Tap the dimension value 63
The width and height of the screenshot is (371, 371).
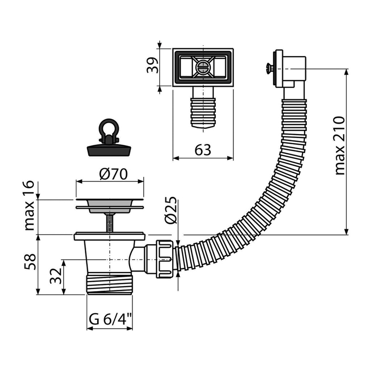click(x=203, y=150)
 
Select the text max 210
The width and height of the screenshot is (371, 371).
click(x=339, y=146)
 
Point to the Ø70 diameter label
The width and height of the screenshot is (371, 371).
click(x=113, y=174)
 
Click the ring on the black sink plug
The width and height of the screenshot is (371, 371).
click(x=108, y=128)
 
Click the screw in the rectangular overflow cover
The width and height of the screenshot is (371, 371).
click(x=202, y=67)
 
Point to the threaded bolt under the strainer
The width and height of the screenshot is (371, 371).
click(x=109, y=223)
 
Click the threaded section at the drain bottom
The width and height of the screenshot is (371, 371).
click(x=110, y=284)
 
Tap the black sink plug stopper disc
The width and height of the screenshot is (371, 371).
click(x=108, y=150)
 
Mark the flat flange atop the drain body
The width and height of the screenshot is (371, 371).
click(x=109, y=237)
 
